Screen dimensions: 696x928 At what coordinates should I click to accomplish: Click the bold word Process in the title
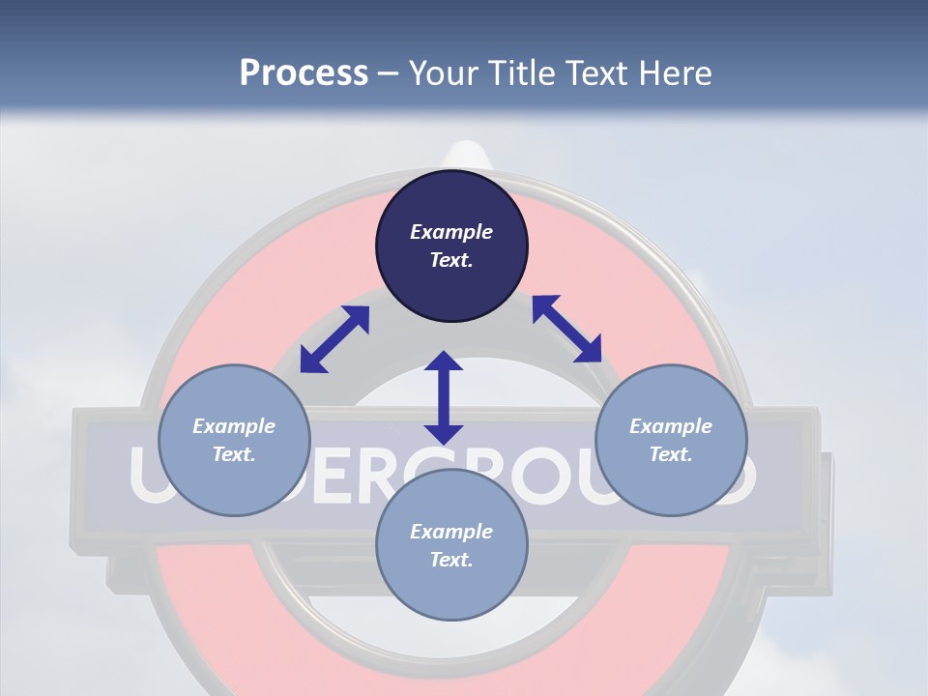click(304, 72)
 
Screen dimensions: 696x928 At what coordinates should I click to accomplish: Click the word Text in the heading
click(595, 72)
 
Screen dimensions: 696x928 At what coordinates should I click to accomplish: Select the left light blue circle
click(234, 483)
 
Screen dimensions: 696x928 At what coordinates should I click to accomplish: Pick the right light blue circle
click(671, 483)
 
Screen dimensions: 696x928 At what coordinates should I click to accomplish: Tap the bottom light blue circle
click(451, 590)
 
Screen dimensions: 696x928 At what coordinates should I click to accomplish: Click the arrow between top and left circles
click(334, 339)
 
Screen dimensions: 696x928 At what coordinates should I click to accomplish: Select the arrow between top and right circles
click(566, 329)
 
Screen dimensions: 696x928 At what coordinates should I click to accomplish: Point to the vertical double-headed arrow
click(444, 397)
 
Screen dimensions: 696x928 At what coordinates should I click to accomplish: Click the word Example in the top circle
click(451, 232)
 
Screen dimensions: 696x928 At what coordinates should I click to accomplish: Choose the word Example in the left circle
click(234, 426)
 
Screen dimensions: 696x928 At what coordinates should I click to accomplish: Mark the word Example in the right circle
click(671, 426)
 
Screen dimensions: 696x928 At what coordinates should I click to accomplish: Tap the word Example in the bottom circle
click(451, 532)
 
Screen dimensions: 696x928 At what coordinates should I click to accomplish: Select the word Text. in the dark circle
click(451, 260)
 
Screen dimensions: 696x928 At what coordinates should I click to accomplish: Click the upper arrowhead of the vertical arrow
click(444, 363)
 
